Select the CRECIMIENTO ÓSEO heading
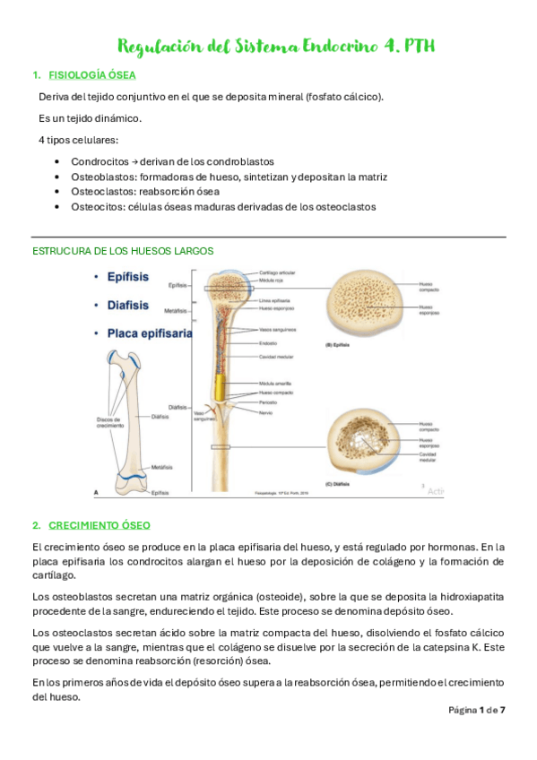point(100,524)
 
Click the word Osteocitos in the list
point(99,206)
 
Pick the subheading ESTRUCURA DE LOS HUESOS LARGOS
point(122,250)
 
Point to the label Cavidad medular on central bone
point(276,357)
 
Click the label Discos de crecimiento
point(108,422)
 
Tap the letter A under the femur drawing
point(97,491)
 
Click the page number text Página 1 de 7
point(477,710)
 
